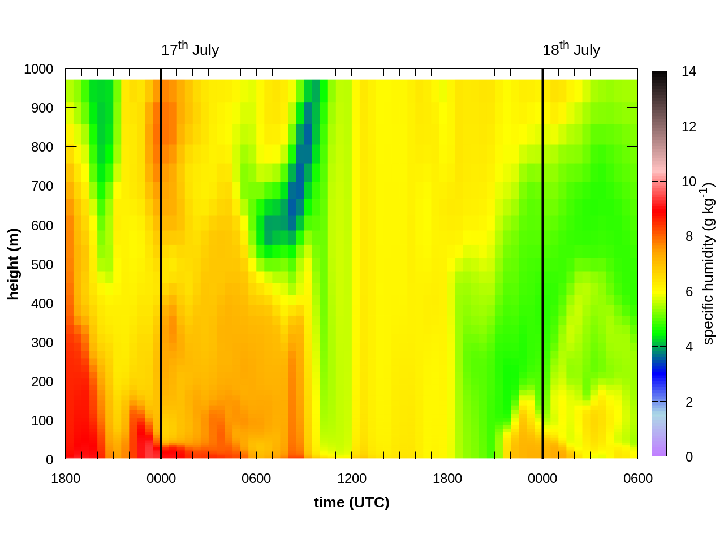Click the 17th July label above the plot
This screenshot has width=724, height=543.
pos(190,50)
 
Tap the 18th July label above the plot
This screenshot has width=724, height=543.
pos(571,50)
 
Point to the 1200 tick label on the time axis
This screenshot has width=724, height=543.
pos(352,479)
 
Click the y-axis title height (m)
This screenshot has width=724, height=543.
pos(14,264)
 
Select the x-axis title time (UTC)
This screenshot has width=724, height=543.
pos(352,502)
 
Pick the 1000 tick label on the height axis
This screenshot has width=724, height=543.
pos(38,69)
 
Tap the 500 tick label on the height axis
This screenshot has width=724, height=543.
pos(42,264)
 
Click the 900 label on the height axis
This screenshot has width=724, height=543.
pos(42,108)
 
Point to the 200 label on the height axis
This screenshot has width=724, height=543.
pos(42,381)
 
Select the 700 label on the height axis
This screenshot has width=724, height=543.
pos(42,186)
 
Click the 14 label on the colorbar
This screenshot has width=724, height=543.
pos(689,71)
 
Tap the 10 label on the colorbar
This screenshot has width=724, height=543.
pos(689,182)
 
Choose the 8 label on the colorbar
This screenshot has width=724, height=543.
pos(689,236)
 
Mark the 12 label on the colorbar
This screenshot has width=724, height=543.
pos(689,127)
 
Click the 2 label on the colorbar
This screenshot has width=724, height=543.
pos(689,402)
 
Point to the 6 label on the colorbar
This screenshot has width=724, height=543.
pos(689,292)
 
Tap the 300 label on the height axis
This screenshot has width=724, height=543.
pos(42,342)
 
